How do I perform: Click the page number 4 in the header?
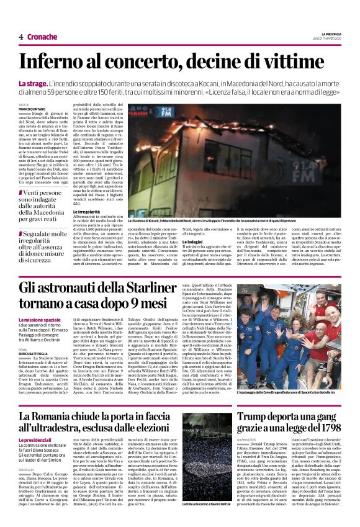pyautogui.click(x=20, y=36)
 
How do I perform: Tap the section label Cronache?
pyautogui.click(x=42, y=36)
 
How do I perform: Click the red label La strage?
pyautogui.click(x=30, y=83)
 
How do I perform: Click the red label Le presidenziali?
pyautogui.click(x=37, y=440)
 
